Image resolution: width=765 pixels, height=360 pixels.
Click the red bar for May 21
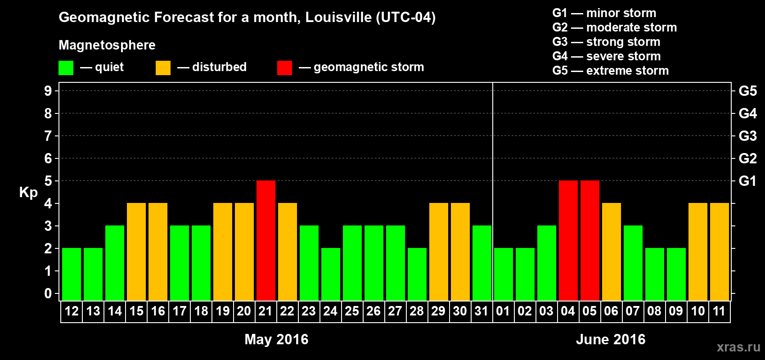(266, 240)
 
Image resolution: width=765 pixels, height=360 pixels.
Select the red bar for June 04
(568, 240)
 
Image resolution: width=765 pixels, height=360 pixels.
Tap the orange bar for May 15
(136, 252)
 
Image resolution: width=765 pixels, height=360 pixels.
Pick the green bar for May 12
(72, 274)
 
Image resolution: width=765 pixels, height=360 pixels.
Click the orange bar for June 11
(720, 252)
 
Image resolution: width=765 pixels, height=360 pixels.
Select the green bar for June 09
(676, 274)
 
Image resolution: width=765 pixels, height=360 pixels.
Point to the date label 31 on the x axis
(481, 311)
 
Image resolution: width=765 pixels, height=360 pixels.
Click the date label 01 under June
(503, 311)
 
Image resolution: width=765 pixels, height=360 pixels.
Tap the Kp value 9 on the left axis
(48, 91)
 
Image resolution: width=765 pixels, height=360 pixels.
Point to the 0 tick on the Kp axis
(48, 293)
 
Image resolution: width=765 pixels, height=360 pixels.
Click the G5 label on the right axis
(747, 91)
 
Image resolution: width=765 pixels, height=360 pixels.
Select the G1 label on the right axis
(747, 181)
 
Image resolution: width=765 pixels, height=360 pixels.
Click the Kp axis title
(28, 192)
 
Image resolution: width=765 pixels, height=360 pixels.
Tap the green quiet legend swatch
(66, 68)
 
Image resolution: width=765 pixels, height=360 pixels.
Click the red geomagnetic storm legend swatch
(284, 68)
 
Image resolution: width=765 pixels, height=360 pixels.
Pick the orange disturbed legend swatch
(163, 68)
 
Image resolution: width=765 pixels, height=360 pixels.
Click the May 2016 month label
(276, 339)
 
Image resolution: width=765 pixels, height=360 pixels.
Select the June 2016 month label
(611, 339)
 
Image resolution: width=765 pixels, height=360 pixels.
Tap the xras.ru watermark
(738, 347)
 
